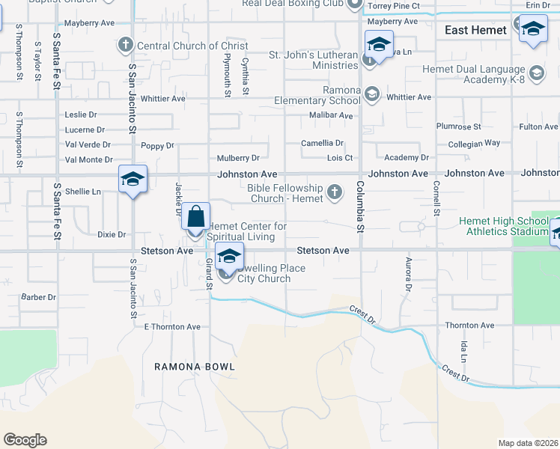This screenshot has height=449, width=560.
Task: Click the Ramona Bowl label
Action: (195, 367)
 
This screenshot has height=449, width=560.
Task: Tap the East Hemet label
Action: (475, 30)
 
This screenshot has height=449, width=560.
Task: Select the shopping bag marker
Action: (195, 218)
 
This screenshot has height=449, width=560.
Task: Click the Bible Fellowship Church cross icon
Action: (334, 193)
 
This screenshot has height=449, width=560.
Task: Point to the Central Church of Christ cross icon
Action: (125, 46)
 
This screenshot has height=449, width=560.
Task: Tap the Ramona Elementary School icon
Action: (372, 94)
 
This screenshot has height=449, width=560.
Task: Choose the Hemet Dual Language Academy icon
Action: (535, 73)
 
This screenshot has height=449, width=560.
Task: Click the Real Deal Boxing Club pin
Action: (356, 4)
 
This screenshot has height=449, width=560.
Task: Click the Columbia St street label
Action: (360, 203)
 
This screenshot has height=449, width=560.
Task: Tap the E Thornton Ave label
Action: (172, 327)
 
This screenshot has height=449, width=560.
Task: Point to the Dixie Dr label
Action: (112, 234)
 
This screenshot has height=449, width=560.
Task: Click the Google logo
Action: (25, 440)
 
